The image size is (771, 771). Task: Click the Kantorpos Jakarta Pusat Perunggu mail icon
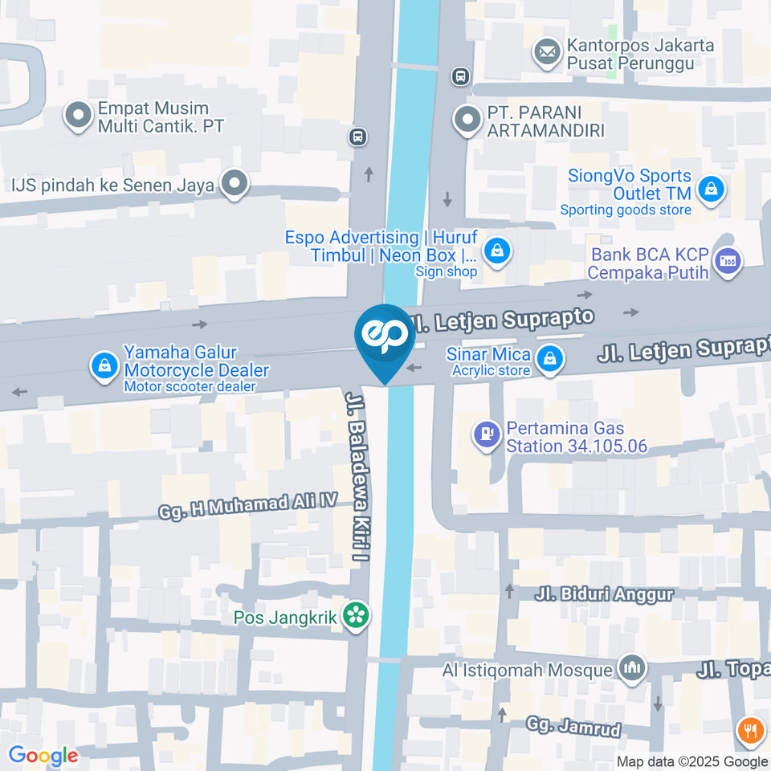point(548,52)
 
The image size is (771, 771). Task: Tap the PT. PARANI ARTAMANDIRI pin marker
point(467,120)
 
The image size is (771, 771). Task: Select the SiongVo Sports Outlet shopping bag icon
point(711,190)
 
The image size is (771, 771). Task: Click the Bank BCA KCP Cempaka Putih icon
point(728,261)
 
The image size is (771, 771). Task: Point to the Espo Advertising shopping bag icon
point(498,250)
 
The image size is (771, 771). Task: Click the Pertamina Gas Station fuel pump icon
point(486,436)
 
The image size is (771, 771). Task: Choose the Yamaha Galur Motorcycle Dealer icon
point(104,366)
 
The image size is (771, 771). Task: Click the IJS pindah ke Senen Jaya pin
point(235,184)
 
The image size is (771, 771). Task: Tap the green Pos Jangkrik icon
point(354,617)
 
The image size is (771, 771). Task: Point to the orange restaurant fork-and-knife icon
point(749,730)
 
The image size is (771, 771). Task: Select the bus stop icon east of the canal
point(459,76)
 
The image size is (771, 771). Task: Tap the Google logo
point(43,755)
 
